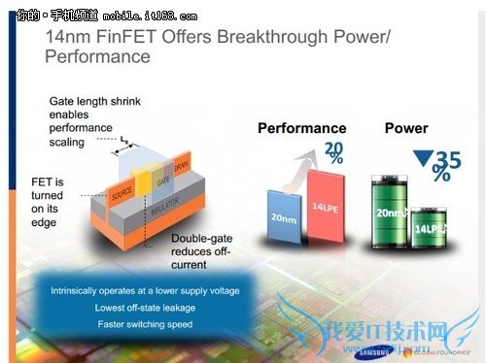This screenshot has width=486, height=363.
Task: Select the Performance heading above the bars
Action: click(x=301, y=128)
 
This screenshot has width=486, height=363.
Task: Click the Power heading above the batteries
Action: click(x=406, y=128)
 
